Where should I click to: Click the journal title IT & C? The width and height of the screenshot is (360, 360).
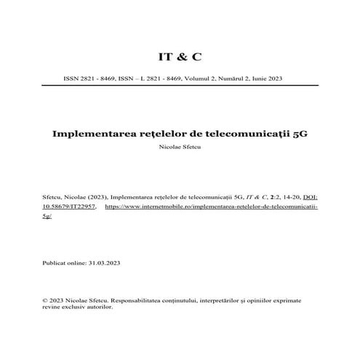[180, 56]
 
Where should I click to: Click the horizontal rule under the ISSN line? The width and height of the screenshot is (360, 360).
[180, 84]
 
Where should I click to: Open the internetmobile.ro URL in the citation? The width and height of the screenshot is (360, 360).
[212, 207]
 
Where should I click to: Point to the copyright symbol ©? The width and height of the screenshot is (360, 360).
[46, 299]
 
